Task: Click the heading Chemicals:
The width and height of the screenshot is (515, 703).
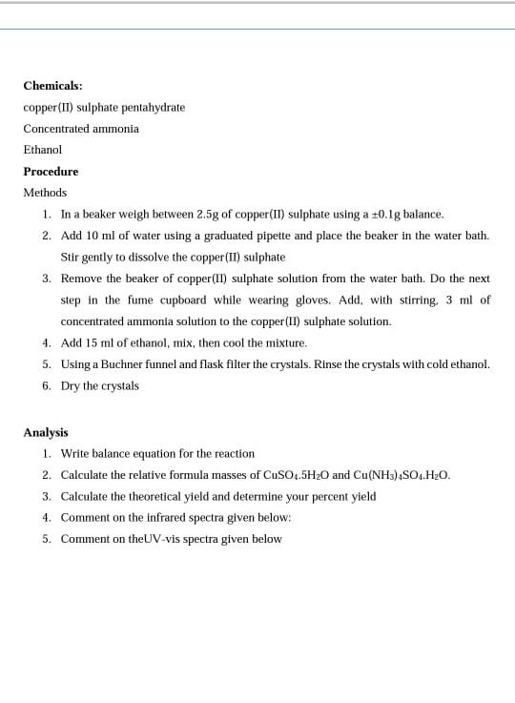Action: [x=52, y=85]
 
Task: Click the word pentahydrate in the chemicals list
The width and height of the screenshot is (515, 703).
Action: [x=154, y=107]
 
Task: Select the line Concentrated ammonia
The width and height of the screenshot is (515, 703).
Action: [x=81, y=128]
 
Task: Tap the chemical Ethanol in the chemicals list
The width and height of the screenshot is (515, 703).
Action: [x=43, y=150]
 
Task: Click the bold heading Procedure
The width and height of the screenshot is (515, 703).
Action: [x=51, y=172]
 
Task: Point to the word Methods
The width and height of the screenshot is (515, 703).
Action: [x=45, y=193]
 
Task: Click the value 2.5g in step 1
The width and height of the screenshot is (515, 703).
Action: [x=207, y=215]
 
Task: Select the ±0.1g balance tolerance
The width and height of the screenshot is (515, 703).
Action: [x=390, y=215]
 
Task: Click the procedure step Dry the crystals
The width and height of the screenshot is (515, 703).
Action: [x=100, y=385]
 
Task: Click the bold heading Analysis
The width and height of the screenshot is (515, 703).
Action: [x=46, y=432]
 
